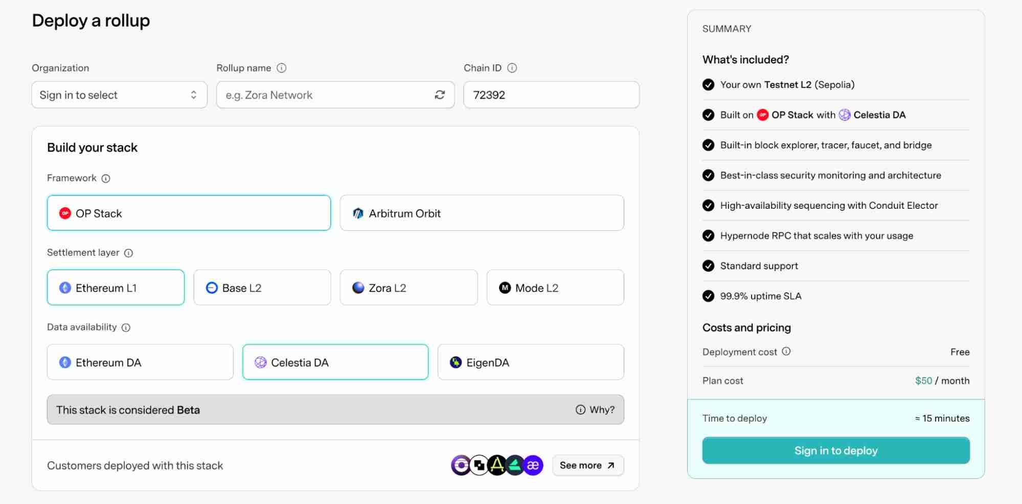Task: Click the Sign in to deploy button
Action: pos(835,450)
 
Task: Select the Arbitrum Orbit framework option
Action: pos(481,213)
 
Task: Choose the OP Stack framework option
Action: pos(189,213)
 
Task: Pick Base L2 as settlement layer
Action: pos(262,288)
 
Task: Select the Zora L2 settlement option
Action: pos(408,288)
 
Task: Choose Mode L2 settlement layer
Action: pos(555,288)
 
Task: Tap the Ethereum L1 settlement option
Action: pos(116,288)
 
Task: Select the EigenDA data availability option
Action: pos(530,362)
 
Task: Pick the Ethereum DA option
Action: pos(140,362)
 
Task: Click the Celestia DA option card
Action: pos(335,362)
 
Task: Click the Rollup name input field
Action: pos(322,95)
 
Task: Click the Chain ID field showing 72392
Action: pos(551,95)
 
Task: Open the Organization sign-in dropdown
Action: pos(119,95)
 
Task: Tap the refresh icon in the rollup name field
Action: pos(440,95)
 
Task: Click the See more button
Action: pos(587,465)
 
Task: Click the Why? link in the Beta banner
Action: pos(596,409)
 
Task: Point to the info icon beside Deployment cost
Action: pos(786,351)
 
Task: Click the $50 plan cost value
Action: pos(923,381)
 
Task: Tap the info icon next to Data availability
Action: pos(126,327)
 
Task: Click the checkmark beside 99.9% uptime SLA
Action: pos(708,296)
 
